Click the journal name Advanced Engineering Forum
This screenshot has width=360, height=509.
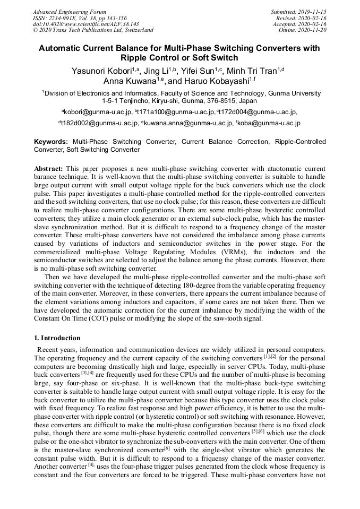[x=70, y=12]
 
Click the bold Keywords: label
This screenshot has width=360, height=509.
[x=51, y=142]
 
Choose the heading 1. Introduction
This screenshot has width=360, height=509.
[x=57, y=338]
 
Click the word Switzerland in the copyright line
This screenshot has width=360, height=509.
[x=135, y=30]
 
